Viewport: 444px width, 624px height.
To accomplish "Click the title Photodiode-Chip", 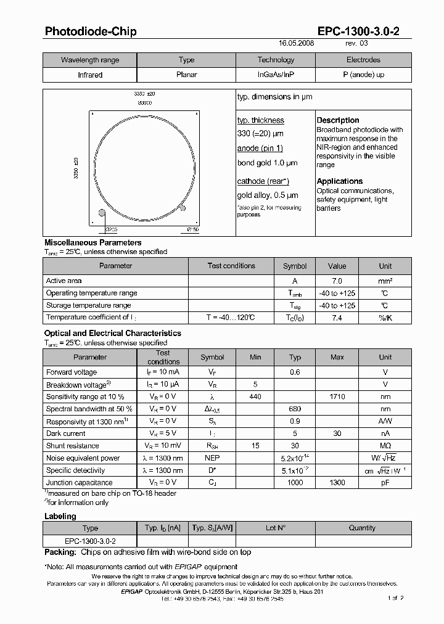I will pyautogui.click(x=91, y=31).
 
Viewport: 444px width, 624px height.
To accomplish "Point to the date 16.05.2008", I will pyautogui.click(x=297, y=44).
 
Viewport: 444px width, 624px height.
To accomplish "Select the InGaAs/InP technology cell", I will pyautogui.click(x=276, y=75).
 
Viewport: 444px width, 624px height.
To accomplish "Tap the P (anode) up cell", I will pyautogui.click(x=363, y=75).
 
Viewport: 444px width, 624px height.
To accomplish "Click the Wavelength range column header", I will pyautogui.click(x=90, y=60).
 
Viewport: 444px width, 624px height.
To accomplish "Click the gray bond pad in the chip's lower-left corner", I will pyautogui.click(x=102, y=213).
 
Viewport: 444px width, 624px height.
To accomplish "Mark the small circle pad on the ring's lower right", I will pyautogui.click(x=182, y=207).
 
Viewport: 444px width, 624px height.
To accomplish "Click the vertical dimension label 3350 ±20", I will pyautogui.click(x=76, y=167).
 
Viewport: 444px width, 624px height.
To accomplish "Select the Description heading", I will pyautogui.click(x=338, y=120).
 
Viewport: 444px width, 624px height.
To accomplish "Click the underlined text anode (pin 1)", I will pyautogui.click(x=260, y=148).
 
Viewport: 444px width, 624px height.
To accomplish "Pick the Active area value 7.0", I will pyautogui.click(x=337, y=281).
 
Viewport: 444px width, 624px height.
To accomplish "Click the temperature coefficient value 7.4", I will pyautogui.click(x=337, y=318).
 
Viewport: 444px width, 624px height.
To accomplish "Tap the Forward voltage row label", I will pyautogui.click(x=72, y=372).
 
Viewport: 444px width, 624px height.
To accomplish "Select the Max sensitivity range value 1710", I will pyautogui.click(x=337, y=396).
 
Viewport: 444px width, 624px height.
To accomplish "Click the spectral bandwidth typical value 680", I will pyautogui.click(x=295, y=409).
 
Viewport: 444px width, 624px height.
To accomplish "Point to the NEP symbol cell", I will pyautogui.click(x=212, y=458).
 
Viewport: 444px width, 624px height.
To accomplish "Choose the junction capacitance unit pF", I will pyautogui.click(x=385, y=483).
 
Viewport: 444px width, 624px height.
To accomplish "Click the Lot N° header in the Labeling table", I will pyautogui.click(x=275, y=528).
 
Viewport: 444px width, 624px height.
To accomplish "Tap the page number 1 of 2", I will pyautogui.click(x=395, y=598).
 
